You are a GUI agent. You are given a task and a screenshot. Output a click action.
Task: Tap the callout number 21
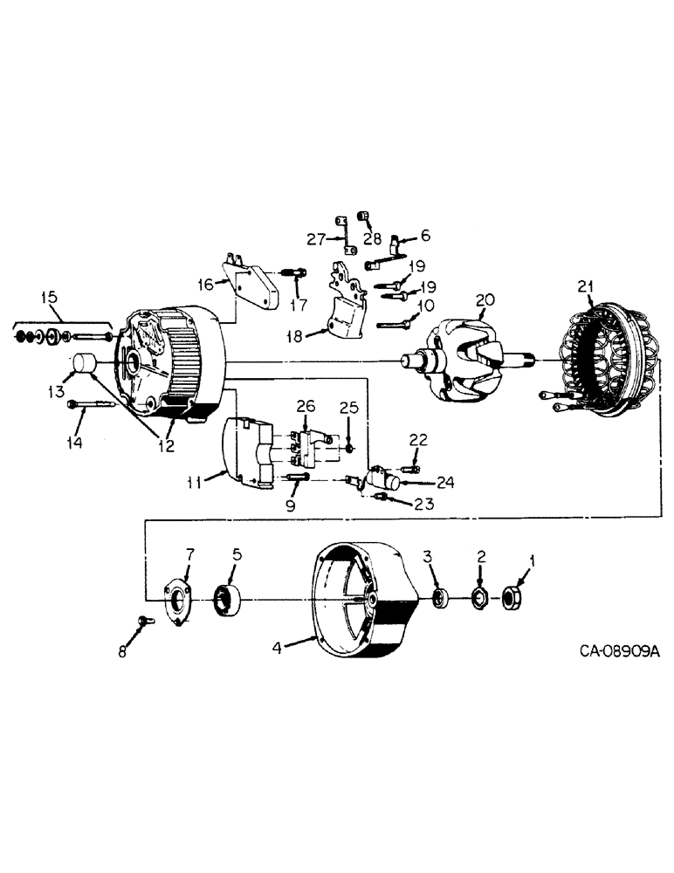(587, 285)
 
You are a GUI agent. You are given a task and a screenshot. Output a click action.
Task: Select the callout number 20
(485, 300)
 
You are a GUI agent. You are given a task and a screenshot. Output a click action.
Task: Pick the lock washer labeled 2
(480, 598)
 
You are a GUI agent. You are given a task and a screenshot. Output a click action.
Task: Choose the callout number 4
(276, 647)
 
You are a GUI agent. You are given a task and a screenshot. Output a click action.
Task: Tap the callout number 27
(314, 239)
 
